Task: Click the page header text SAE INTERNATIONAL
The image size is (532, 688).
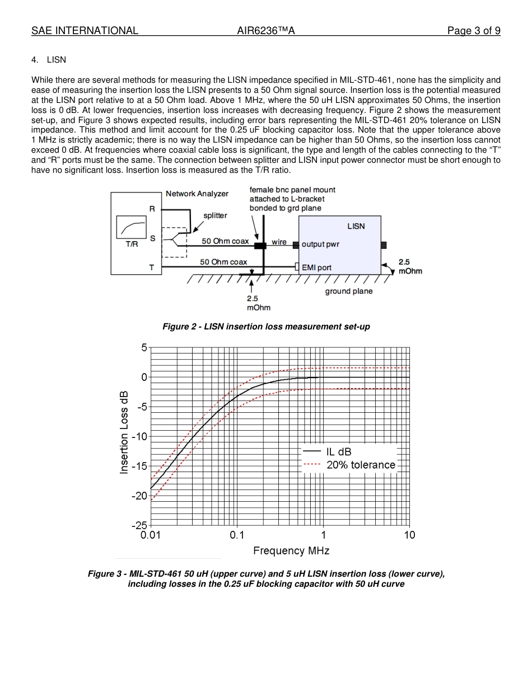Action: pyautogui.click(x=85, y=31)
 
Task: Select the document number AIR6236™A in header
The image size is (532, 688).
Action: pyautogui.click(x=266, y=31)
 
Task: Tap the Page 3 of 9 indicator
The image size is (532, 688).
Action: pyautogui.click(x=473, y=31)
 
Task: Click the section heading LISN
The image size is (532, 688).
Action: pyautogui.click(x=57, y=59)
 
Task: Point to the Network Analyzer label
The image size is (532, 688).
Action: pyautogui.click(x=197, y=194)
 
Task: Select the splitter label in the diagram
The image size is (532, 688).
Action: pyautogui.click(x=215, y=215)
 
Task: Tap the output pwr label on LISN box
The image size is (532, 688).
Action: pyautogui.click(x=320, y=244)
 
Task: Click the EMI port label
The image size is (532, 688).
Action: pyautogui.click(x=316, y=267)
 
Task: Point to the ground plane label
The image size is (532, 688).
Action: pyautogui.click(x=348, y=291)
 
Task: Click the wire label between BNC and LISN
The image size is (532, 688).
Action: pyautogui.click(x=279, y=242)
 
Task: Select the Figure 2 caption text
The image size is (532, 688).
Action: pyautogui.click(x=266, y=326)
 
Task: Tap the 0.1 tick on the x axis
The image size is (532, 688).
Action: pyautogui.click(x=237, y=535)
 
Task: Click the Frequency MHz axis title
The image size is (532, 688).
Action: pyautogui.click(x=291, y=550)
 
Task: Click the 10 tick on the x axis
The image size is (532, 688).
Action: pyautogui.click(x=409, y=535)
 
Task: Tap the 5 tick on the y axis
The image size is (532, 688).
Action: pyautogui.click(x=144, y=347)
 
